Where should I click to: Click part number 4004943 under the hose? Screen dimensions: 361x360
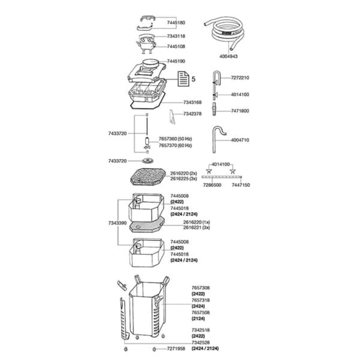pyautogui.click(x=229, y=57)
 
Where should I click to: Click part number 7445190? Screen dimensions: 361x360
pyautogui.click(x=176, y=62)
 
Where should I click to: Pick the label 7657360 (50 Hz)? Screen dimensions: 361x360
pyautogui.click(x=175, y=139)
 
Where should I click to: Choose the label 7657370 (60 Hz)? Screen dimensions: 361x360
pyautogui.click(x=175, y=145)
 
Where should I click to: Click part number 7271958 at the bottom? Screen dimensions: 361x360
pyautogui.click(x=176, y=349)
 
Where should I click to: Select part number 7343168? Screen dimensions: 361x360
pyautogui.click(x=192, y=103)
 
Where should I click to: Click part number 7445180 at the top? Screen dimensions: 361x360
pyautogui.click(x=176, y=22)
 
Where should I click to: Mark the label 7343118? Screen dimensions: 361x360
pyautogui.click(x=176, y=36)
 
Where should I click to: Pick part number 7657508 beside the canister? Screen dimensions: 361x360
pyautogui.click(x=200, y=312)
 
